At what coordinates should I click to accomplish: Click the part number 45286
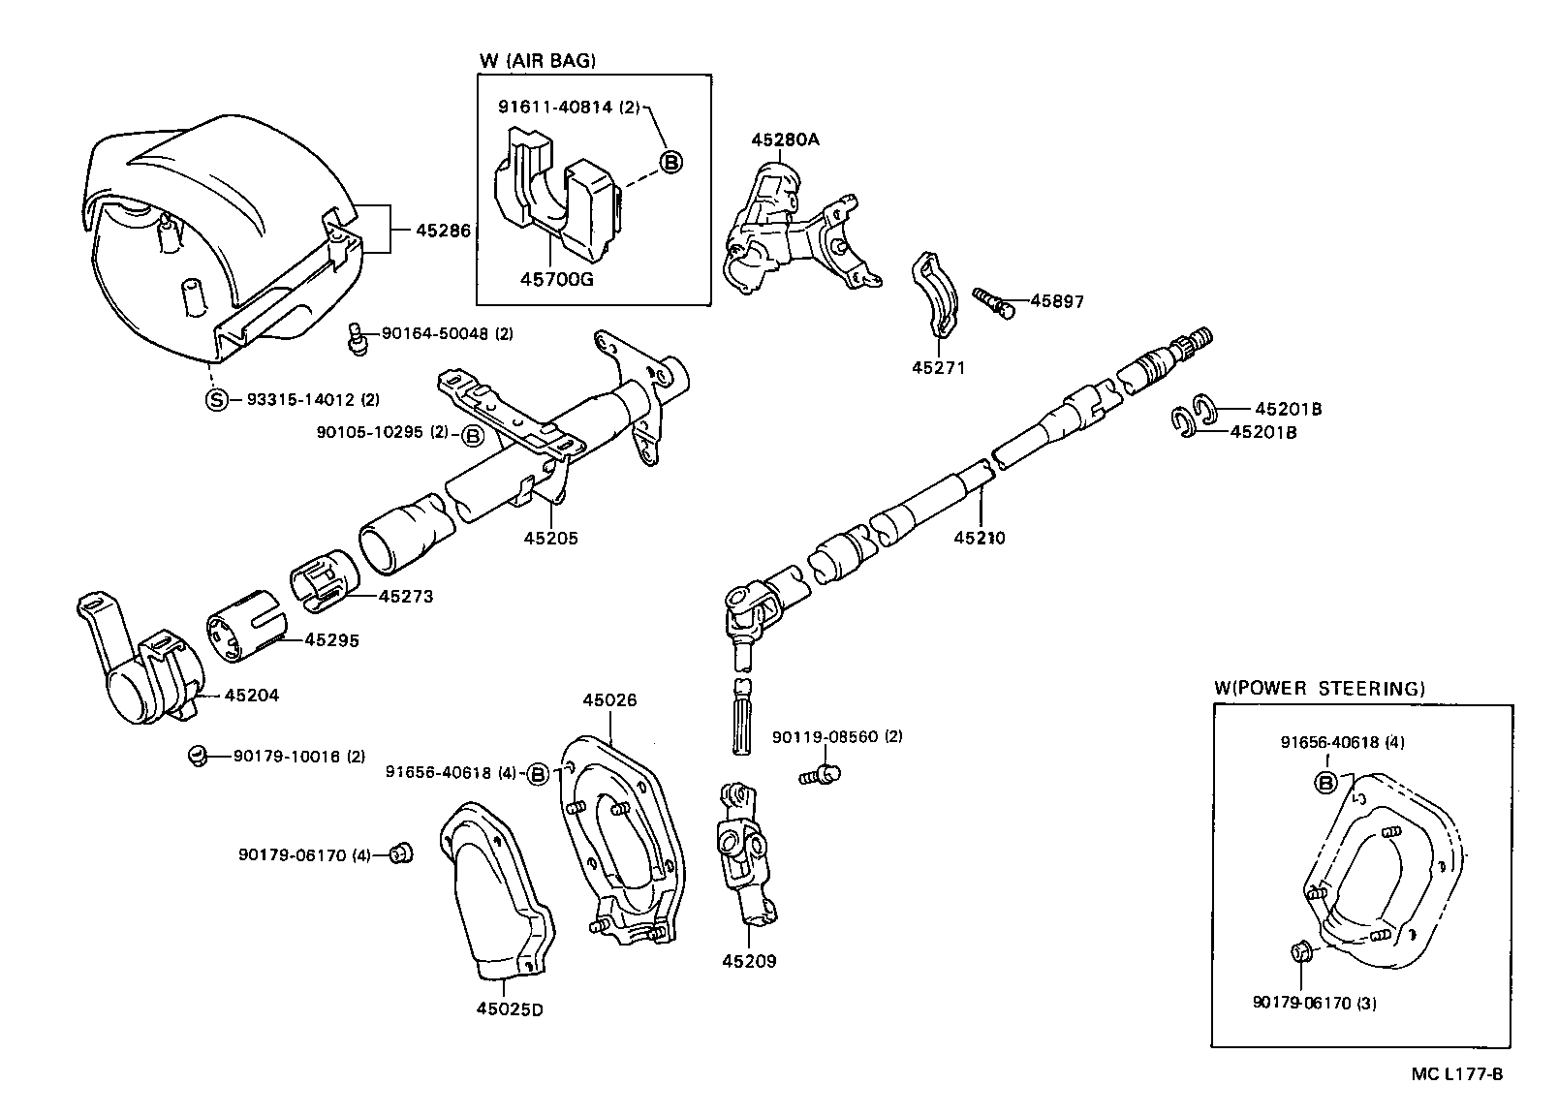tap(443, 231)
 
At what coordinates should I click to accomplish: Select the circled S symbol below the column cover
tap(216, 399)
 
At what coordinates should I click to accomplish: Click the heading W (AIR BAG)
tap(538, 60)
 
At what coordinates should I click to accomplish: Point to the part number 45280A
tap(785, 139)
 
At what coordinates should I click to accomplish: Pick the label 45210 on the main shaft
tap(979, 537)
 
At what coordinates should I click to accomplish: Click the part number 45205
tap(550, 538)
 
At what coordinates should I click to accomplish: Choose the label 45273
tap(406, 596)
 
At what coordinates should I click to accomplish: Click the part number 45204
tap(252, 695)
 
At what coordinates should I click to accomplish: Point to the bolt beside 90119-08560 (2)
tap(820, 774)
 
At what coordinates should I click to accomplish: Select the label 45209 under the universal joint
tap(749, 961)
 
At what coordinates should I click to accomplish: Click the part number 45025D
tap(510, 1009)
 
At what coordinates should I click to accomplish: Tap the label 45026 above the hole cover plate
tap(609, 699)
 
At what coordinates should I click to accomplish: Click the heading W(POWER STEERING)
tap(1319, 689)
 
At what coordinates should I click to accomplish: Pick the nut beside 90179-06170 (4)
tap(399, 852)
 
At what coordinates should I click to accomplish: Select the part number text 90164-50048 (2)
tap(447, 333)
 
